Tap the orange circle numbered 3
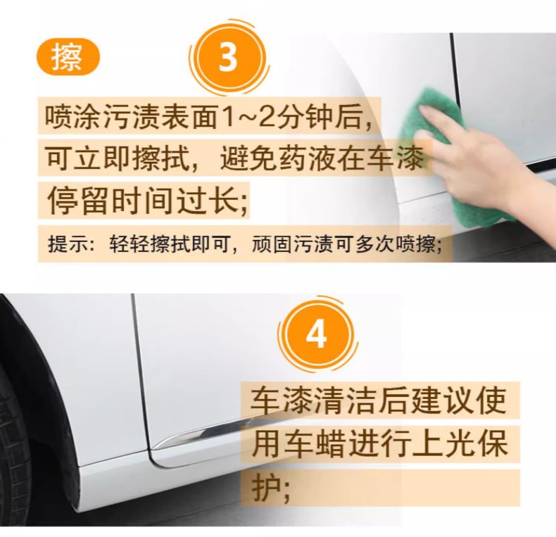tap(227, 58)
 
